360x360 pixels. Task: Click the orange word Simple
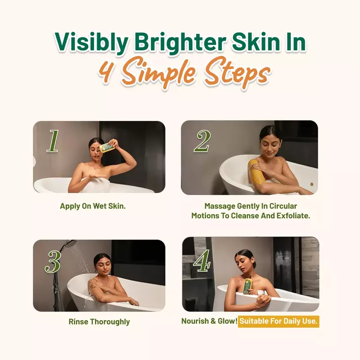pos(158,73)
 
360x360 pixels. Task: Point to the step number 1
pos(53,141)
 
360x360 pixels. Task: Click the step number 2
pos(202,141)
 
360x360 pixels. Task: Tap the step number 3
pos(53,262)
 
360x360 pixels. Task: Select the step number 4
pos(202,261)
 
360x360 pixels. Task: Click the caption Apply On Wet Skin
pos(93,206)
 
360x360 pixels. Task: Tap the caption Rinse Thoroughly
pos(99,322)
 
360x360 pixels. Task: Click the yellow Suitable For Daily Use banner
pos(279,321)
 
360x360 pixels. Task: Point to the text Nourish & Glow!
pos(209,321)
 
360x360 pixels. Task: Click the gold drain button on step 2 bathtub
pos(311,184)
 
